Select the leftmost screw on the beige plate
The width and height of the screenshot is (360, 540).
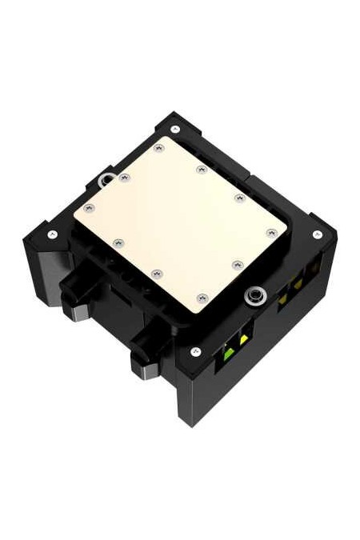coord(89,208)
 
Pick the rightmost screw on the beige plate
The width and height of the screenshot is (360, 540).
coord(272,233)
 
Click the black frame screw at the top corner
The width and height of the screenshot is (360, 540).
coord(175,128)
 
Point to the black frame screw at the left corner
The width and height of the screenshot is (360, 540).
coord(53,234)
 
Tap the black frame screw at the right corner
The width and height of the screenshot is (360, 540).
coord(318,234)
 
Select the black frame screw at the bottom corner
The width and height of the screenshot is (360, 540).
coord(194,351)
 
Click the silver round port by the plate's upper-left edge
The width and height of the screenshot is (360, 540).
coord(105,180)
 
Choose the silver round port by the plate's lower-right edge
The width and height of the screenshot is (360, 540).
coord(254,295)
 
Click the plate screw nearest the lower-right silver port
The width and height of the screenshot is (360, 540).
coord(236,264)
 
